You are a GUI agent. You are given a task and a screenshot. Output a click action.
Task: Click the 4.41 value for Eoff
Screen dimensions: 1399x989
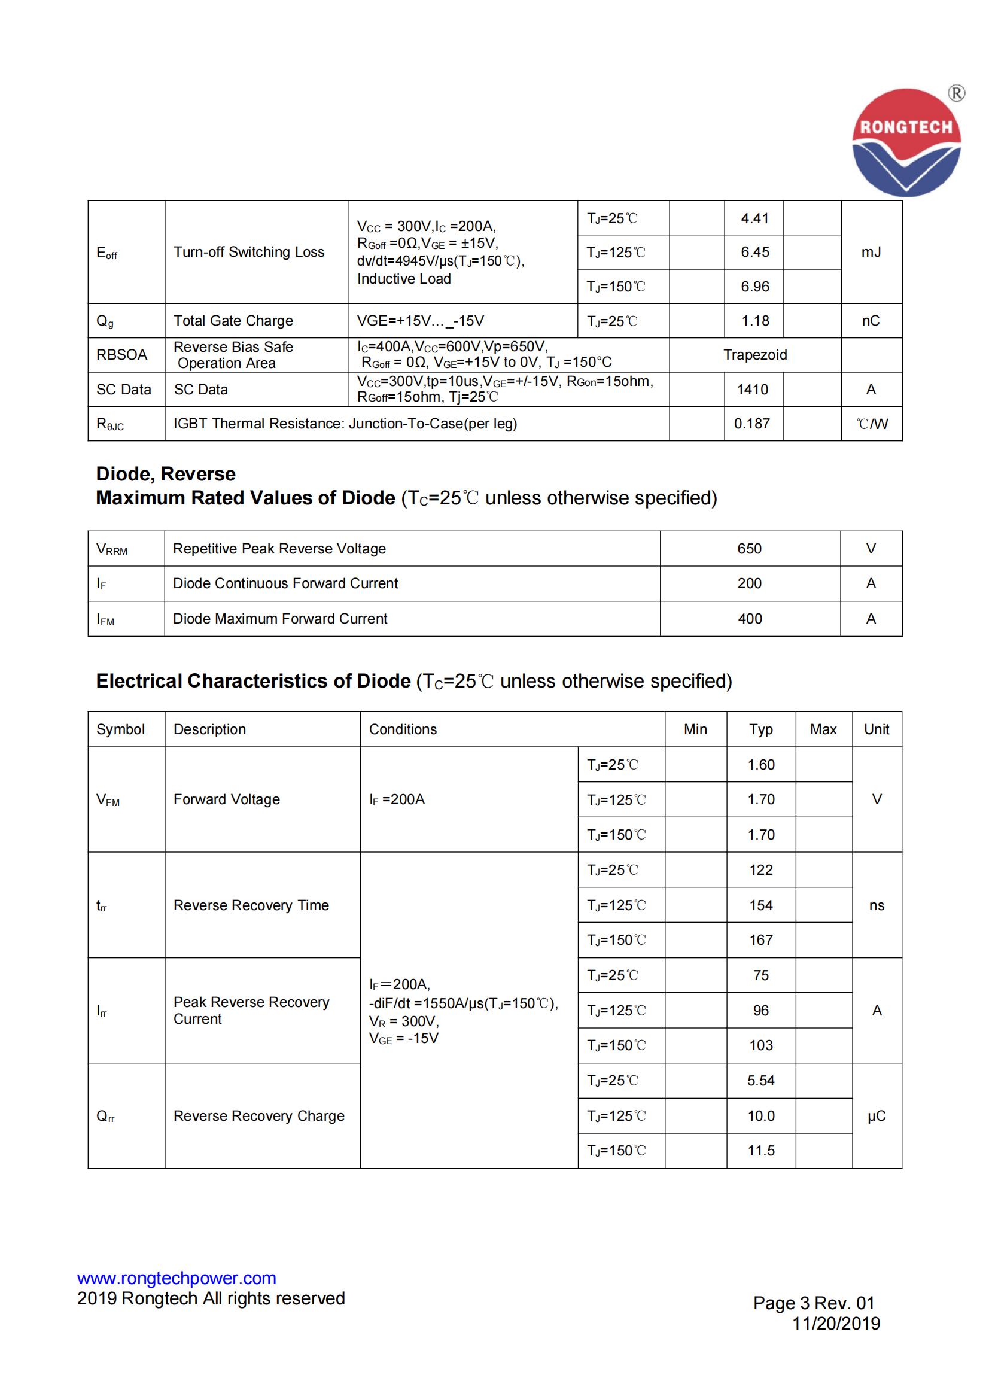click(x=754, y=218)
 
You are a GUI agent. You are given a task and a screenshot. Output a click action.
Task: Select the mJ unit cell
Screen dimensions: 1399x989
click(x=870, y=252)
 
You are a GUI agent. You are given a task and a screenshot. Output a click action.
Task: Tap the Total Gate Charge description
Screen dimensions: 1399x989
click(x=233, y=321)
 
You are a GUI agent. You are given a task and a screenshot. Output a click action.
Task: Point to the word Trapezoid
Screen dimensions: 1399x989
click(x=754, y=355)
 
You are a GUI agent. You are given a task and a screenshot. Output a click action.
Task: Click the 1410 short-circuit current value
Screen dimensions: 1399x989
click(x=752, y=390)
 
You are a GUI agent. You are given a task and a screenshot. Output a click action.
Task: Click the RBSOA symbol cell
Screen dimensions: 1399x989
click(x=121, y=355)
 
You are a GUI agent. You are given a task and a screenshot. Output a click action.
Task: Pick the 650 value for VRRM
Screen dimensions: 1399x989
click(x=749, y=548)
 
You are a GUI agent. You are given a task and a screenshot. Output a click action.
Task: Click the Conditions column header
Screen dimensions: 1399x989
click(x=403, y=729)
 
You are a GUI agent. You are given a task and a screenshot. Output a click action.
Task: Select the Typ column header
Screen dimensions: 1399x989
click(x=760, y=729)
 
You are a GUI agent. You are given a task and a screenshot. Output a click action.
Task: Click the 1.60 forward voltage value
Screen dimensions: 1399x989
click(x=760, y=765)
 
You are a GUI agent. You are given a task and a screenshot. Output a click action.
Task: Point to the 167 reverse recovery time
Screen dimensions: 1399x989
click(x=760, y=940)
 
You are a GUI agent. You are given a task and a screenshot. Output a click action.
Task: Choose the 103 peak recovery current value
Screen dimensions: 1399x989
click(x=760, y=1045)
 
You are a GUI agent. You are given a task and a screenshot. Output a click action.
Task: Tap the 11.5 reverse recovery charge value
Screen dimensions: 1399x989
click(x=760, y=1151)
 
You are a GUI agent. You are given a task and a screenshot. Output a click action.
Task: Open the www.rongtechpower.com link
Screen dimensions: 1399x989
click(x=176, y=1278)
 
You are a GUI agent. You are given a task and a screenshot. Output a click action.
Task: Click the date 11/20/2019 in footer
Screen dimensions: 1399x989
click(x=835, y=1324)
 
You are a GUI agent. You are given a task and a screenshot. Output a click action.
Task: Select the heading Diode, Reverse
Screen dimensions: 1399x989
click(x=165, y=474)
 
